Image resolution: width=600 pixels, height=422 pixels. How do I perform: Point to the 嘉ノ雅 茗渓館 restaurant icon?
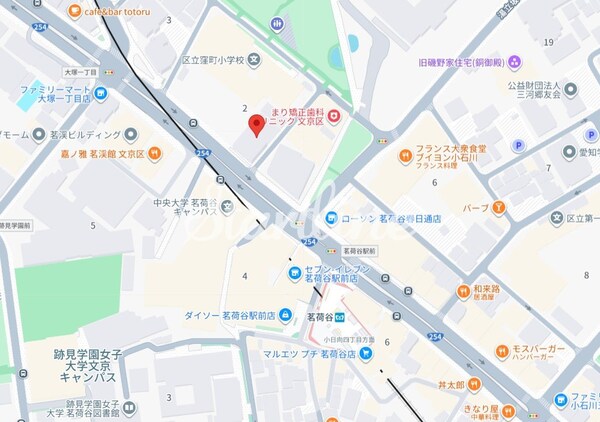(x=153, y=154)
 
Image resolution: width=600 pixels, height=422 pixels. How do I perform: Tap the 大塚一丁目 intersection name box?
(x=52, y=73)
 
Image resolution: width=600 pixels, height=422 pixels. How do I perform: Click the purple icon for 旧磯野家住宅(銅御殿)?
(x=514, y=62)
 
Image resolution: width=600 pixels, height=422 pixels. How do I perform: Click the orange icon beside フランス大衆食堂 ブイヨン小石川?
(x=405, y=155)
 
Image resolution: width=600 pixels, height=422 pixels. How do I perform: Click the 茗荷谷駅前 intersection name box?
(x=358, y=249)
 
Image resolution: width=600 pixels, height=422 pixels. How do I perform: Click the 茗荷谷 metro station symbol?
(x=342, y=316)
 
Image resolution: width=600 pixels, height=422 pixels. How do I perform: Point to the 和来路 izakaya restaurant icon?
(x=464, y=291)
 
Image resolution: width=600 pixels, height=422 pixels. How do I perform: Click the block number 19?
(x=549, y=42)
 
